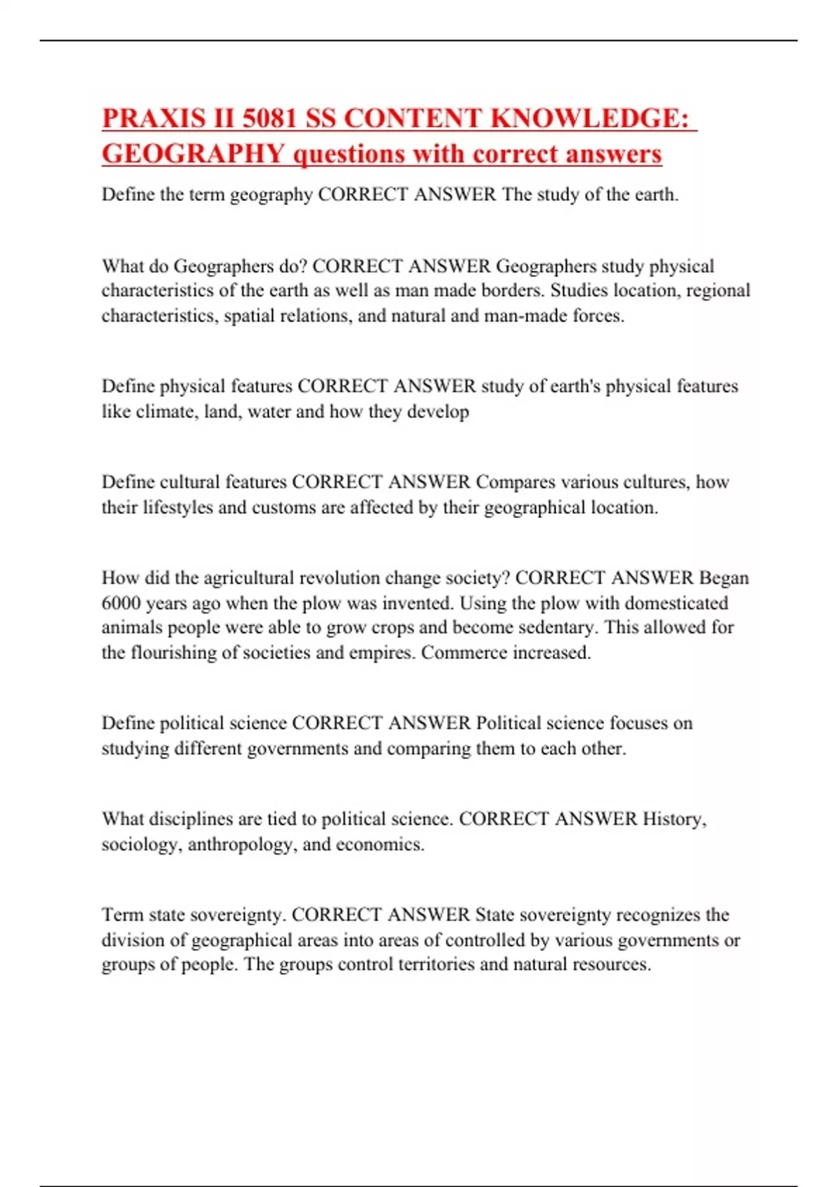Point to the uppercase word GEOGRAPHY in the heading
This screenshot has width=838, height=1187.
click(x=193, y=154)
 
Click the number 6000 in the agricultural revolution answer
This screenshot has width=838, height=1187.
click(x=121, y=603)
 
